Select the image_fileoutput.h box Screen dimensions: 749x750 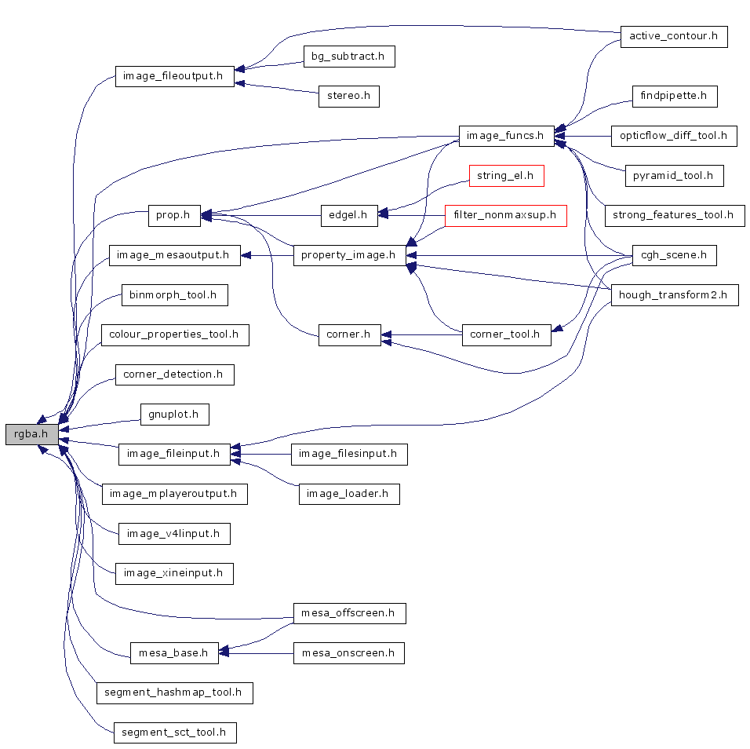tap(174, 77)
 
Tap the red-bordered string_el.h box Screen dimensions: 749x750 tap(505, 176)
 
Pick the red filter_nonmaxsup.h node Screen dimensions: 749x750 tap(505, 214)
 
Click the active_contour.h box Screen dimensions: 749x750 tap(674, 37)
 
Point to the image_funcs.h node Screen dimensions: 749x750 tap(504, 136)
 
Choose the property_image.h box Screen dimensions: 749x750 tap(349, 255)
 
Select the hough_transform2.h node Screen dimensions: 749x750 tap(674, 295)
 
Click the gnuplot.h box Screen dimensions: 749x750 tap(174, 414)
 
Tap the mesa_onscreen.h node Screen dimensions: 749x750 tap(348, 653)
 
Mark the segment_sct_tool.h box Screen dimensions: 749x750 tap(174, 733)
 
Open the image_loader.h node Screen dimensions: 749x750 tap(349, 494)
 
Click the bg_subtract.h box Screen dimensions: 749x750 tap(348, 57)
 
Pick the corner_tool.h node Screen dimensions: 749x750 tap(504, 334)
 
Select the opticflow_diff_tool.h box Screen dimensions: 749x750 tap(674, 136)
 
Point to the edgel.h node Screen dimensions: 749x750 tap(349, 214)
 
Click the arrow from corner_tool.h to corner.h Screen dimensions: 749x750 tap(424, 335)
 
